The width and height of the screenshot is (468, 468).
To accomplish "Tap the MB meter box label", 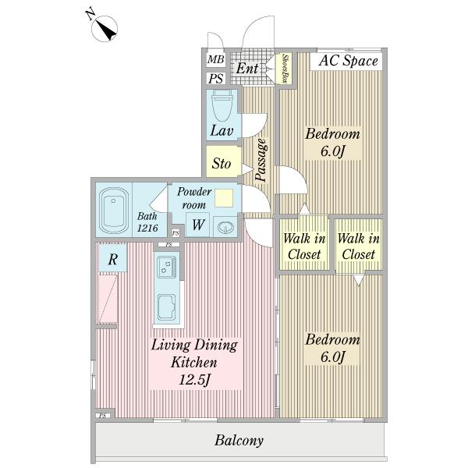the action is point(215,59).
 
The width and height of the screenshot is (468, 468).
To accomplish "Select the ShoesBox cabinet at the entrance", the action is point(285,69).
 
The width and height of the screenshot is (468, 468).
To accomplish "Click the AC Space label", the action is point(348,61).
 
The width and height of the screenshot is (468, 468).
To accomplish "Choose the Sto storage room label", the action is point(222,163).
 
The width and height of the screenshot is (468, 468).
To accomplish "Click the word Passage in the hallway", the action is point(261,160).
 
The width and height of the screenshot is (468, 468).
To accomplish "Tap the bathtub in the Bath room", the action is point(113,211).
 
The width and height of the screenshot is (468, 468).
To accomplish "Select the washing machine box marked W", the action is point(197,225).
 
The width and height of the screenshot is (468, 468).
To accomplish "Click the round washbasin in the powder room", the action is point(226,228).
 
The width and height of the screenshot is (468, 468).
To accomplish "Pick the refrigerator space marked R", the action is point(113,258).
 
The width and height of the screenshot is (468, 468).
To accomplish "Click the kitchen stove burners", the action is point(167,267).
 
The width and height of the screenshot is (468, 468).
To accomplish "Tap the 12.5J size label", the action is point(194,380).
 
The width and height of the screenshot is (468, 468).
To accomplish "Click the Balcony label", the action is point(239,440).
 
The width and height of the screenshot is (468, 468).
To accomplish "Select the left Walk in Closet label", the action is point(304,246).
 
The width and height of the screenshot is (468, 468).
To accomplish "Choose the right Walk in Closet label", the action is point(359,246).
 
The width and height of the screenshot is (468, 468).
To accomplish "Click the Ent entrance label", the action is point(246,68).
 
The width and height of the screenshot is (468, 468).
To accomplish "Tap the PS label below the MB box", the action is point(216,79).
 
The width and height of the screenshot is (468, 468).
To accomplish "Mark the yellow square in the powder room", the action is point(224,197).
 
